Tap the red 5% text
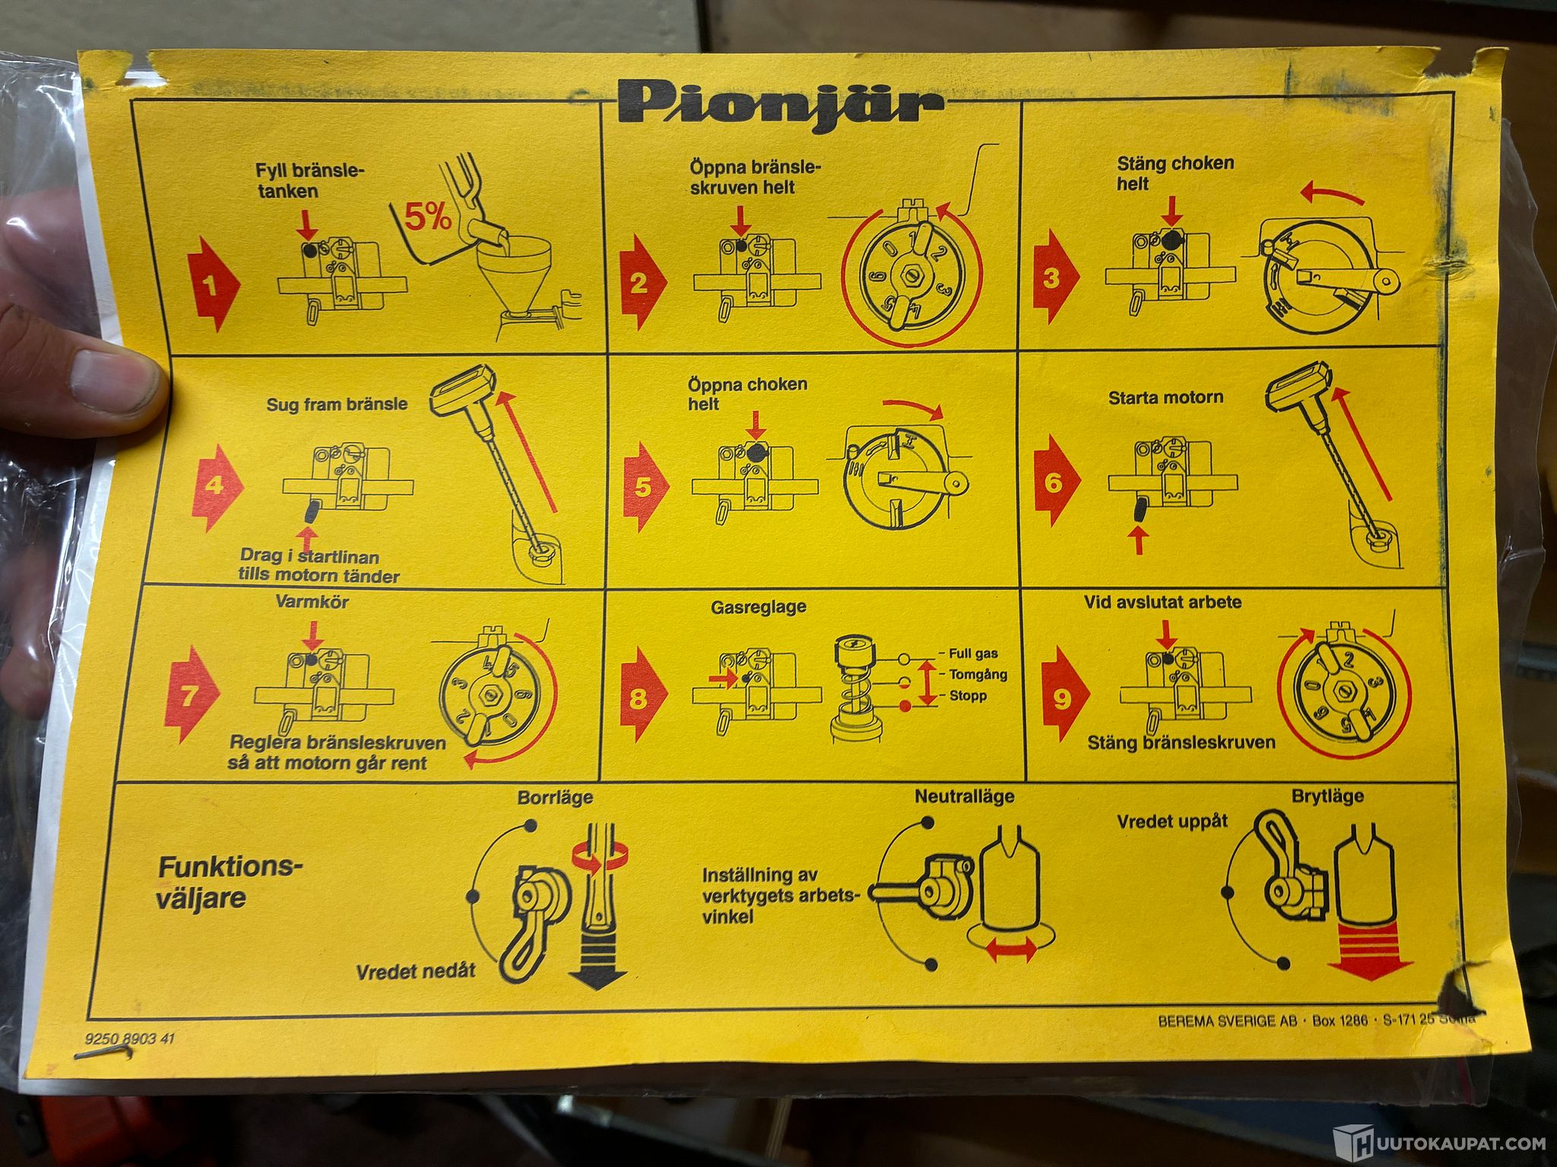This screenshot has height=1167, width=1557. tap(427, 217)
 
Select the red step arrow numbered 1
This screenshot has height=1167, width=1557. tap(214, 284)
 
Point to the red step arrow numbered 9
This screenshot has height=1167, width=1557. tap(1064, 694)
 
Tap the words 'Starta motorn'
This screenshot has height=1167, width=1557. tap(1165, 397)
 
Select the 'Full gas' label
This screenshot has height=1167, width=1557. tap(973, 653)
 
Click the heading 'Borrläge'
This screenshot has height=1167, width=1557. tap(555, 799)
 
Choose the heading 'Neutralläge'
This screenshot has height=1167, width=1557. tap(964, 797)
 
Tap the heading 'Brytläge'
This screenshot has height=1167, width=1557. tap(1327, 796)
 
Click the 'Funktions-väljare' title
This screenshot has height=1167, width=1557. tap(230, 882)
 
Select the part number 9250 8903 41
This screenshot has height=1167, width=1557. tap(129, 1038)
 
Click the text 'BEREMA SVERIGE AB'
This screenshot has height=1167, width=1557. tap(1227, 1020)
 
